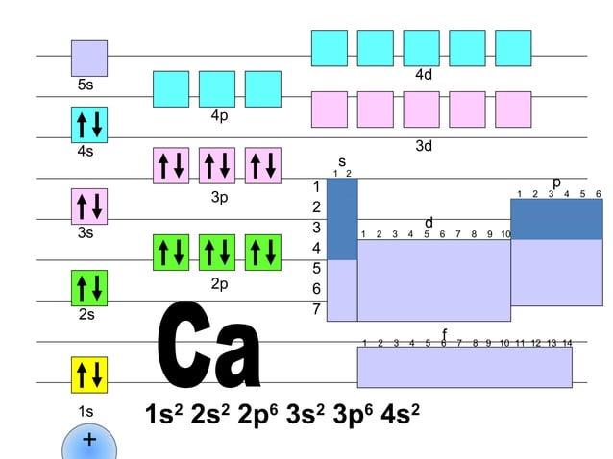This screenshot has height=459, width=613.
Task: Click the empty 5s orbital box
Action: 89,59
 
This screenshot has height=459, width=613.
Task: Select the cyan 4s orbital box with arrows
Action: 89,125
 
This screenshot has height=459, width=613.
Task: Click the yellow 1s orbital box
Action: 89,374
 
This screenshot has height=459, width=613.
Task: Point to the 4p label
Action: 220,116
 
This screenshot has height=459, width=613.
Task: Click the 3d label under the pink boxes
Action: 423,146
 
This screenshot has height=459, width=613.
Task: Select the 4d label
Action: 423,74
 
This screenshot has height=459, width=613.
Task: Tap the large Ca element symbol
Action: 209,348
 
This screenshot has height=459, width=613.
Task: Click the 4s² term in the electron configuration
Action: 400,415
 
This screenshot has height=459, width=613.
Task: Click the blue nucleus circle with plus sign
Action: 89,444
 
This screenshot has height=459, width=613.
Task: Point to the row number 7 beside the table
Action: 315,308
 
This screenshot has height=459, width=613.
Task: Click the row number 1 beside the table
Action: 315,186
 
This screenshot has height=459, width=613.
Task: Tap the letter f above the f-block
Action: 444,333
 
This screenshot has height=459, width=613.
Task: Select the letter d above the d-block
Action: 429,223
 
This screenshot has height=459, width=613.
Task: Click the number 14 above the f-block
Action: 566,343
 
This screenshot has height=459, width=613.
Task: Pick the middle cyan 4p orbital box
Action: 217,89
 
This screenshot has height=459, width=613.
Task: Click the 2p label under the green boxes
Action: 220,284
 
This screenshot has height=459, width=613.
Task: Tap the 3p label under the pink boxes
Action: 220,198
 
